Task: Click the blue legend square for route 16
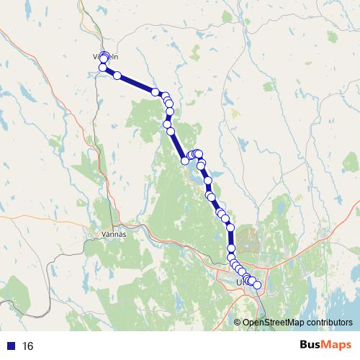click(x=9, y=346)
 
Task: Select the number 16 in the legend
click(x=28, y=346)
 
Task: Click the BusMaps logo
click(x=322, y=346)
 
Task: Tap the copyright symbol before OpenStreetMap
click(x=238, y=323)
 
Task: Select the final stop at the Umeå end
click(x=257, y=285)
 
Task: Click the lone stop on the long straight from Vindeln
click(x=117, y=75)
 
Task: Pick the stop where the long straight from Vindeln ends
click(x=155, y=91)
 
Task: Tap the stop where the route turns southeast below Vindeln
click(x=102, y=68)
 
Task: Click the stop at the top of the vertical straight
click(x=230, y=227)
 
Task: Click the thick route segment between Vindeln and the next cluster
click(x=135, y=83)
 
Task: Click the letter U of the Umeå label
click(x=238, y=283)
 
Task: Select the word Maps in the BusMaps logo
click(x=335, y=346)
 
